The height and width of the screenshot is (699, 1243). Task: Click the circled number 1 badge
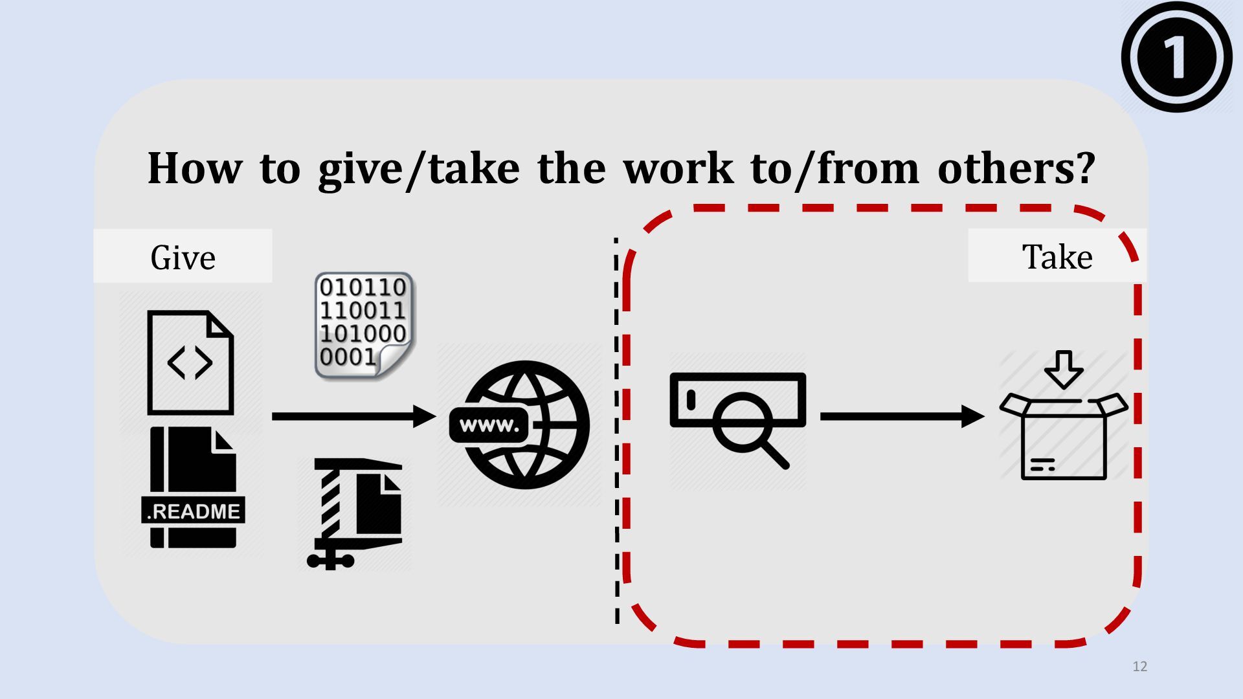(1176, 57)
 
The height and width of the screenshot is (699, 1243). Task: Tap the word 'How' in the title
(194, 168)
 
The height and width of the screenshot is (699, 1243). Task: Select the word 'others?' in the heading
(1016, 168)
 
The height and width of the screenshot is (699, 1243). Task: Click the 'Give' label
(183, 257)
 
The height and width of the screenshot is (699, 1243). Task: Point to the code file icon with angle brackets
(190, 362)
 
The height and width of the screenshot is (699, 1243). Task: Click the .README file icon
(192, 487)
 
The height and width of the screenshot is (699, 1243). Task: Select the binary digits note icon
(364, 325)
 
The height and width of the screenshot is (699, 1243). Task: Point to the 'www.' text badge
(489, 425)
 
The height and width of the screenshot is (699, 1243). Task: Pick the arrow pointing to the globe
(353, 416)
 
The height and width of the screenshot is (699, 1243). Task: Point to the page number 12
(1140, 667)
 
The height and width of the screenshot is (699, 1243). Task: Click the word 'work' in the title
(678, 168)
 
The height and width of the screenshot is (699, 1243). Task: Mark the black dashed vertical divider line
(616, 430)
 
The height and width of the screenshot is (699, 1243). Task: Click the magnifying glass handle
(776, 455)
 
